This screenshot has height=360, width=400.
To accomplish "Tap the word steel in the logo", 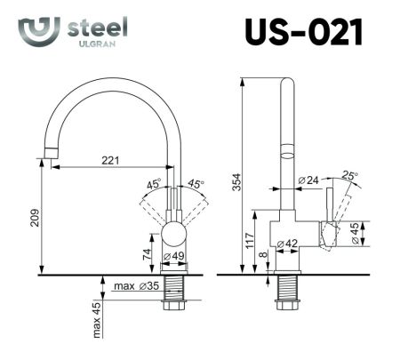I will (x=98, y=28).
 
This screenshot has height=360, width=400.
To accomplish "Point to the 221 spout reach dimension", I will (x=111, y=161).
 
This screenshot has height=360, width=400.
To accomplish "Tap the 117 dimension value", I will (x=251, y=240).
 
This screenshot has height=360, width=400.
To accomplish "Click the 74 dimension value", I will (x=147, y=253).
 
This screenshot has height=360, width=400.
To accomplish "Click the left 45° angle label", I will (x=154, y=184).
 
